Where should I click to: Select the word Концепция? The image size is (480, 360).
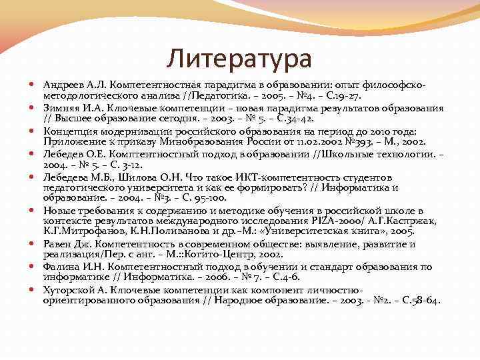pyautogui.click(x=69, y=131)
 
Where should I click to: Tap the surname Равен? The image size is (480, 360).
pyautogui.click(x=57, y=244)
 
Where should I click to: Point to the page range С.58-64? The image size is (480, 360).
pyautogui.click(x=419, y=301)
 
